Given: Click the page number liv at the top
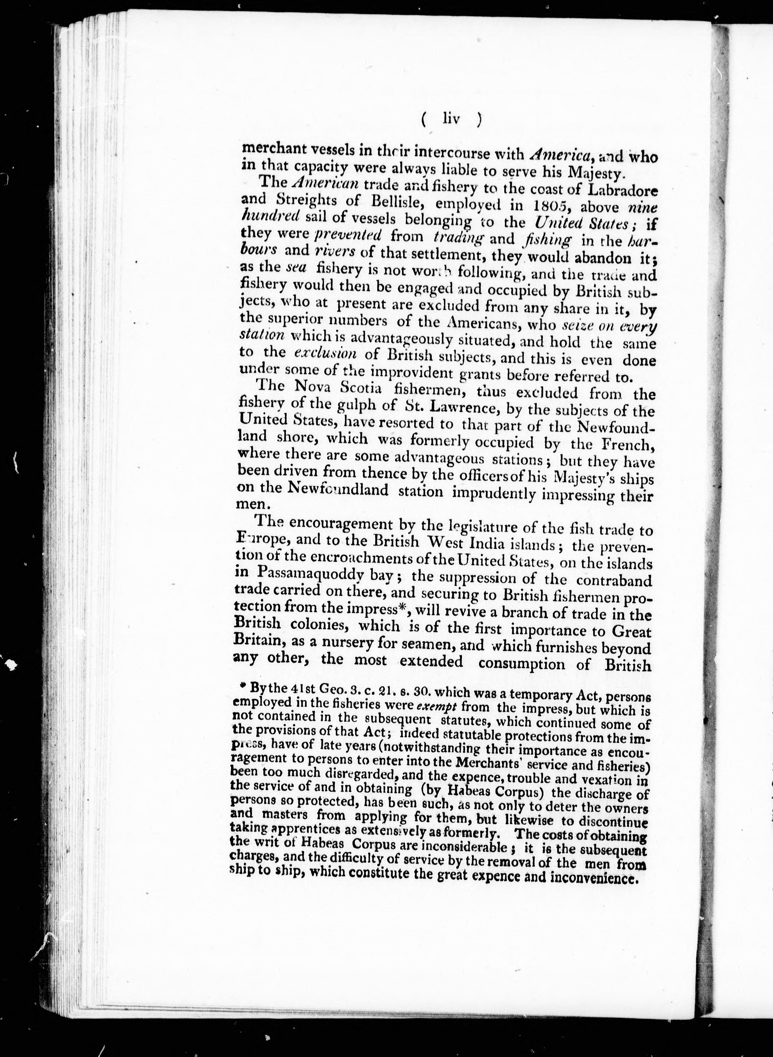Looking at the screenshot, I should [451, 120].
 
